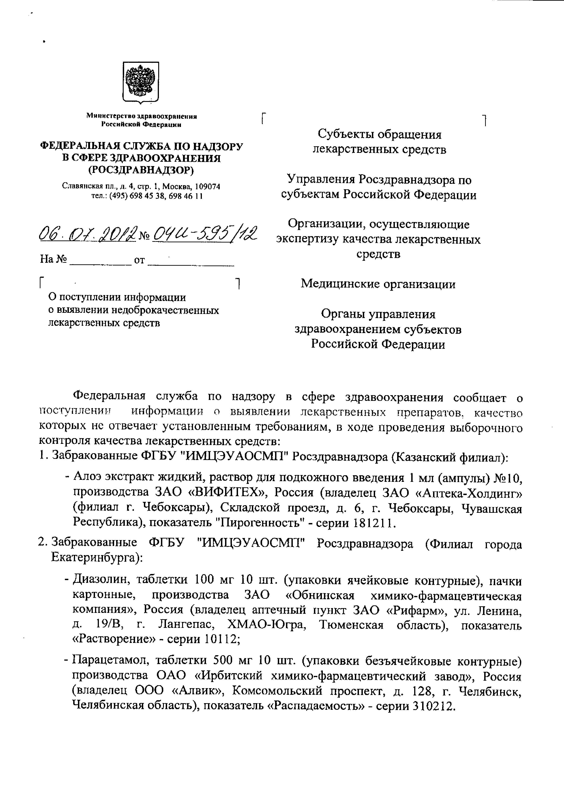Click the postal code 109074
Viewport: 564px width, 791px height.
coord(207,186)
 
